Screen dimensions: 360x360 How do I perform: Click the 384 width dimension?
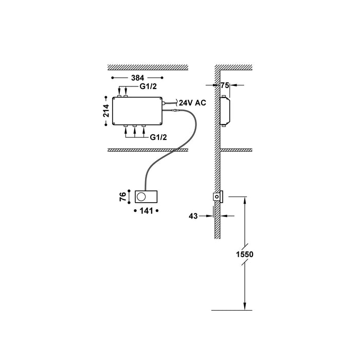pyautogui.click(x=137, y=78)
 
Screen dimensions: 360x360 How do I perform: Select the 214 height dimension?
pyautogui.click(x=106, y=111)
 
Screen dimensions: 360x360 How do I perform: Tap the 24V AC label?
pyautogui.click(x=192, y=103)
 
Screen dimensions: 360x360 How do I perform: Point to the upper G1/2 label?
pyautogui.click(x=148, y=86)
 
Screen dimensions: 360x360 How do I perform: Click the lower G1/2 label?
pyautogui.click(x=158, y=137)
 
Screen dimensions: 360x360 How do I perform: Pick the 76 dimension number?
pyautogui.click(x=123, y=197)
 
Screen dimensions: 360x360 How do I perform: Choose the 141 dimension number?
pyautogui.click(x=146, y=211)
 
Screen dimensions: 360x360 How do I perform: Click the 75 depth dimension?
pyautogui.click(x=225, y=85)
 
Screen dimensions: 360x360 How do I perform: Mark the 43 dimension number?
pyautogui.click(x=193, y=216)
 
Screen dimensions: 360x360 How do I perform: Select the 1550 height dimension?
pyautogui.click(x=245, y=255)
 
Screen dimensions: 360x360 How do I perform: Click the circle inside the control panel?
pyautogui.click(x=141, y=197)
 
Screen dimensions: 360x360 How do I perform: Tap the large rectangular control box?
pyautogui.click(x=137, y=111)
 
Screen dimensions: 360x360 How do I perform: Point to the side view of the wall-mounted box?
pyautogui.click(x=225, y=111)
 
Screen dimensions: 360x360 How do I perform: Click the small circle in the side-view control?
pyautogui.click(x=217, y=197)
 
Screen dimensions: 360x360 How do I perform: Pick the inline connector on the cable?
pyautogui.click(x=175, y=111)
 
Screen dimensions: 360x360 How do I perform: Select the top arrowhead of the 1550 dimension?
pyautogui.click(x=245, y=201)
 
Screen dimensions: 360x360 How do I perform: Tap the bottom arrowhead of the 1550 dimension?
pyautogui.click(x=245, y=307)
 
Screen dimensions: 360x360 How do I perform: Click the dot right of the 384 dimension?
pyautogui.click(x=162, y=78)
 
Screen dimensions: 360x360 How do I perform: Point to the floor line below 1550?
pyautogui.click(x=231, y=311)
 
